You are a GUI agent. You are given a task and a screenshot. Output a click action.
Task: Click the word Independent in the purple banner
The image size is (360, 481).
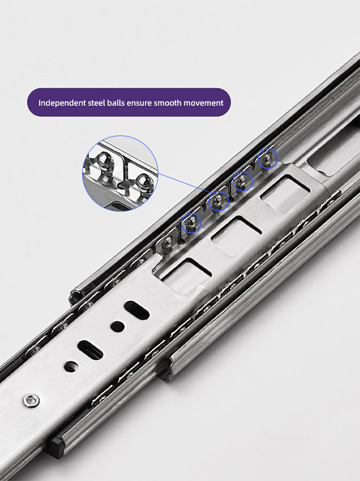[62, 103]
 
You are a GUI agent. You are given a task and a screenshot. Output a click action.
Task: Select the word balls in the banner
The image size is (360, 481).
[116, 103]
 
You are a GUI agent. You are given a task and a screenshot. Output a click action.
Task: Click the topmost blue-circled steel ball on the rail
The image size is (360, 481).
[267, 159]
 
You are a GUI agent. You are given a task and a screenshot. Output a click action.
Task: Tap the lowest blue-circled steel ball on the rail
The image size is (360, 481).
[191, 222]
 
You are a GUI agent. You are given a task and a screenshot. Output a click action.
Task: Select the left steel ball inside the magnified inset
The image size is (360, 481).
[103, 161]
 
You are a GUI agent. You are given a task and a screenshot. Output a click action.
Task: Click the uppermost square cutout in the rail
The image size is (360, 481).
[284, 194]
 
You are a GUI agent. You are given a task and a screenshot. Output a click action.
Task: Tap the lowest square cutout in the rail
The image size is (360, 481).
[186, 276]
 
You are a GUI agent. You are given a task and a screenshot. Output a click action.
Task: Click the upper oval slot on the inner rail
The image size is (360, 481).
[137, 310]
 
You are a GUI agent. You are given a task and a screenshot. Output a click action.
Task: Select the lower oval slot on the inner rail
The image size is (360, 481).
[90, 349]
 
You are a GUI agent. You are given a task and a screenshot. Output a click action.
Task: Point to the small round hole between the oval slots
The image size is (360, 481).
[118, 327]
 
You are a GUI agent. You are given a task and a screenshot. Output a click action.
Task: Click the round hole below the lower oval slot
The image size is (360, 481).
[71, 366]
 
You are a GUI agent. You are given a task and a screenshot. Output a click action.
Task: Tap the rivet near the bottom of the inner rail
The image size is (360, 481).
[31, 400]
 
